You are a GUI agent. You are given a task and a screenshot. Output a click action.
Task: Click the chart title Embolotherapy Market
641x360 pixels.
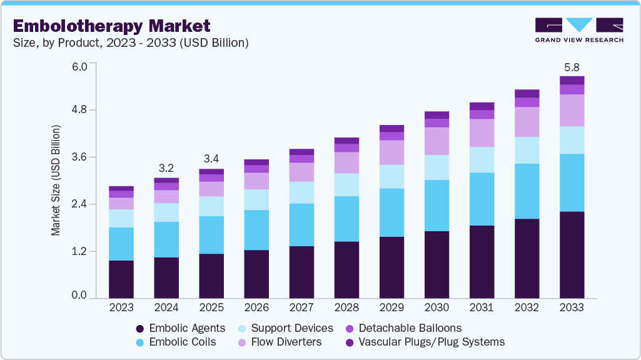tap(111, 26)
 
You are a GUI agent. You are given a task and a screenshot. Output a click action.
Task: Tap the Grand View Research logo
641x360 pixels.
tap(578, 30)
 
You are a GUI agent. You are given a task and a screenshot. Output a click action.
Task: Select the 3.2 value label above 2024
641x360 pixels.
tap(166, 167)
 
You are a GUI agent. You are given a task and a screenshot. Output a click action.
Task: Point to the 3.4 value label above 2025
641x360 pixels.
tap(211, 158)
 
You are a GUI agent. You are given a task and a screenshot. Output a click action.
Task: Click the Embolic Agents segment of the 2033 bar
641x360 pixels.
tap(571, 254)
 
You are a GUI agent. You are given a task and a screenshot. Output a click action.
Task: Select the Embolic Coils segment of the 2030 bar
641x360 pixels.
tap(436, 206)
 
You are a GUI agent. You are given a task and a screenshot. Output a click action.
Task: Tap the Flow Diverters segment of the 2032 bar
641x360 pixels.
tap(526, 122)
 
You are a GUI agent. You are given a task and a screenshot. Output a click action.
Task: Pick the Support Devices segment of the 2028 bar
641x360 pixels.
tap(346, 184)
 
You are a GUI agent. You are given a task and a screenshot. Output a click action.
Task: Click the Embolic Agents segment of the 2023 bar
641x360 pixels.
tap(121, 279)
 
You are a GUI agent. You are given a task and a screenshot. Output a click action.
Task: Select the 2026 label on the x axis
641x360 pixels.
tap(256, 308)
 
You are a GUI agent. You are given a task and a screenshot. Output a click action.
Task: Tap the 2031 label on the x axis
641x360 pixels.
tap(481, 308)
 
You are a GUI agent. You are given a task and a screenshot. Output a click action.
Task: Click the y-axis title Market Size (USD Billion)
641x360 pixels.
tap(56, 180)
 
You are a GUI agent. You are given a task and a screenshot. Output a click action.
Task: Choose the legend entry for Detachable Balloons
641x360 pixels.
tap(403, 328)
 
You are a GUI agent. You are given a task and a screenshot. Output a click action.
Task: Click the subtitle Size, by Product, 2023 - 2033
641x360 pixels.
tap(130, 43)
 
